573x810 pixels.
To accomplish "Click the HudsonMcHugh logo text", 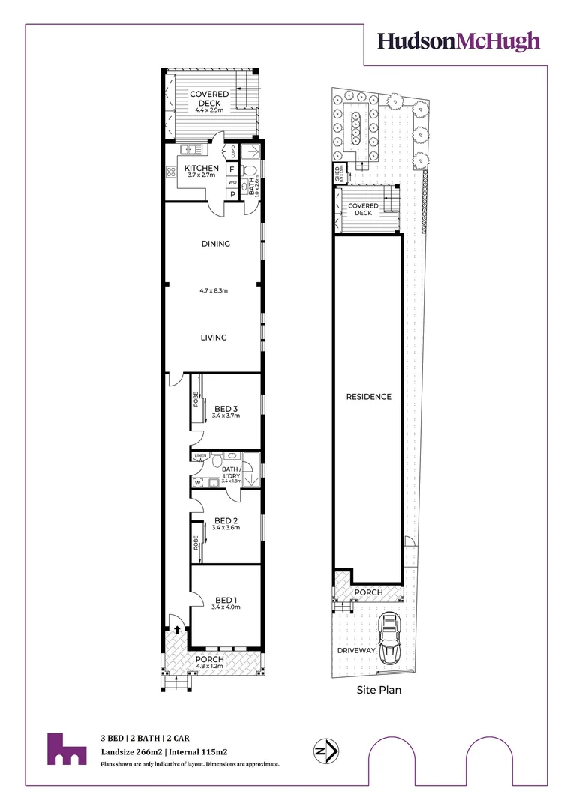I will pyautogui.click(x=458, y=41).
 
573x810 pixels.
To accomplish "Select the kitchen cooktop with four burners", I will pyautogui.click(x=170, y=171).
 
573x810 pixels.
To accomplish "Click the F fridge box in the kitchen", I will pyautogui.click(x=232, y=169).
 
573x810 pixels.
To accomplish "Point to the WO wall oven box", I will pyautogui.click(x=232, y=181).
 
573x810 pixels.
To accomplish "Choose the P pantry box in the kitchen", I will pyautogui.click(x=232, y=194).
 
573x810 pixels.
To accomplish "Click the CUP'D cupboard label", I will pyautogui.click(x=233, y=150).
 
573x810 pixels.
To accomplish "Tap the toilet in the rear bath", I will pyautogui.click(x=250, y=170).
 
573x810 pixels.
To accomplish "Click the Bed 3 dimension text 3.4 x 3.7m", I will pyautogui.click(x=226, y=415).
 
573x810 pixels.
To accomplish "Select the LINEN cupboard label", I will pyautogui.click(x=199, y=456).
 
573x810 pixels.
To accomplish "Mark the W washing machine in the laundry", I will pyautogui.click(x=198, y=482).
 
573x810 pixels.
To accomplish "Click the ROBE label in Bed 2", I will pyautogui.click(x=196, y=542).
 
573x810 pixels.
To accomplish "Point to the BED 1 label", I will pyautogui.click(x=226, y=599).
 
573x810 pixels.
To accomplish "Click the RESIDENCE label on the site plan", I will pyautogui.click(x=368, y=397).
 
